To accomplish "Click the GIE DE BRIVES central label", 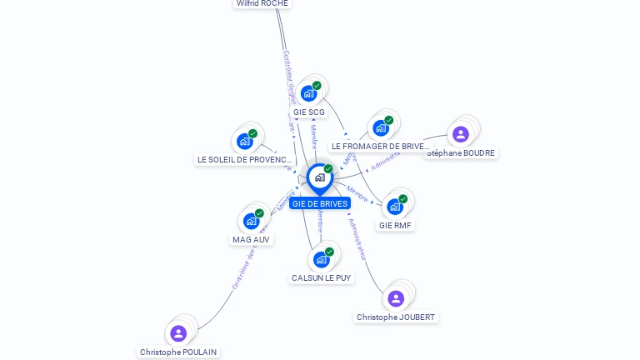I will click(320, 204).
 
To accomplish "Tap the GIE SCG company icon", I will click(309, 93).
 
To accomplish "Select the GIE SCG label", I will click(309, 112).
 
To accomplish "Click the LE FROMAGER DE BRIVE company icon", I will click(381, 128).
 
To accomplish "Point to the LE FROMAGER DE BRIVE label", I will click(380, 147).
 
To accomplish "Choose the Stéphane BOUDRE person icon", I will click(460, 134).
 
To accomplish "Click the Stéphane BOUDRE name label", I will click(461, 153).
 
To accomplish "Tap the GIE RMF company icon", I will click(395, 207).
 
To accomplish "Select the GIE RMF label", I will click(395, 225).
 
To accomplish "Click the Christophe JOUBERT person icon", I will click(396, 298).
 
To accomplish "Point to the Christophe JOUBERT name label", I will click(396, 317).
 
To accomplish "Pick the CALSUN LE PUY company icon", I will click(322, 259).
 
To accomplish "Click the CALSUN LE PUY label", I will click(322, 278).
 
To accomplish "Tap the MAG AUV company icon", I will click(252, 221).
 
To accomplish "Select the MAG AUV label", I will click(251, 240).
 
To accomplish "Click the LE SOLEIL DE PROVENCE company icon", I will click(245, 141).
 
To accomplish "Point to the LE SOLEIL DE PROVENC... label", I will click(245, 160).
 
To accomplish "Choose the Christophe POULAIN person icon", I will click(178, 333).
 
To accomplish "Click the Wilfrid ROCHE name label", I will click(262, 3).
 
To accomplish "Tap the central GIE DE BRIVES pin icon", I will click(319, 177).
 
